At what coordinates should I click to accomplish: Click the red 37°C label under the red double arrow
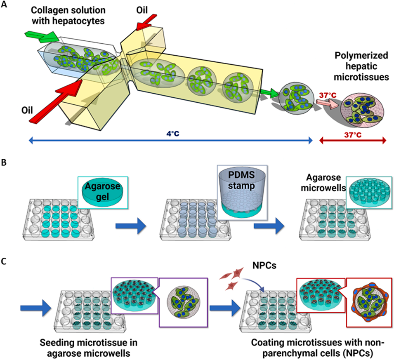pyautogui.click(x=353, y=134)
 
